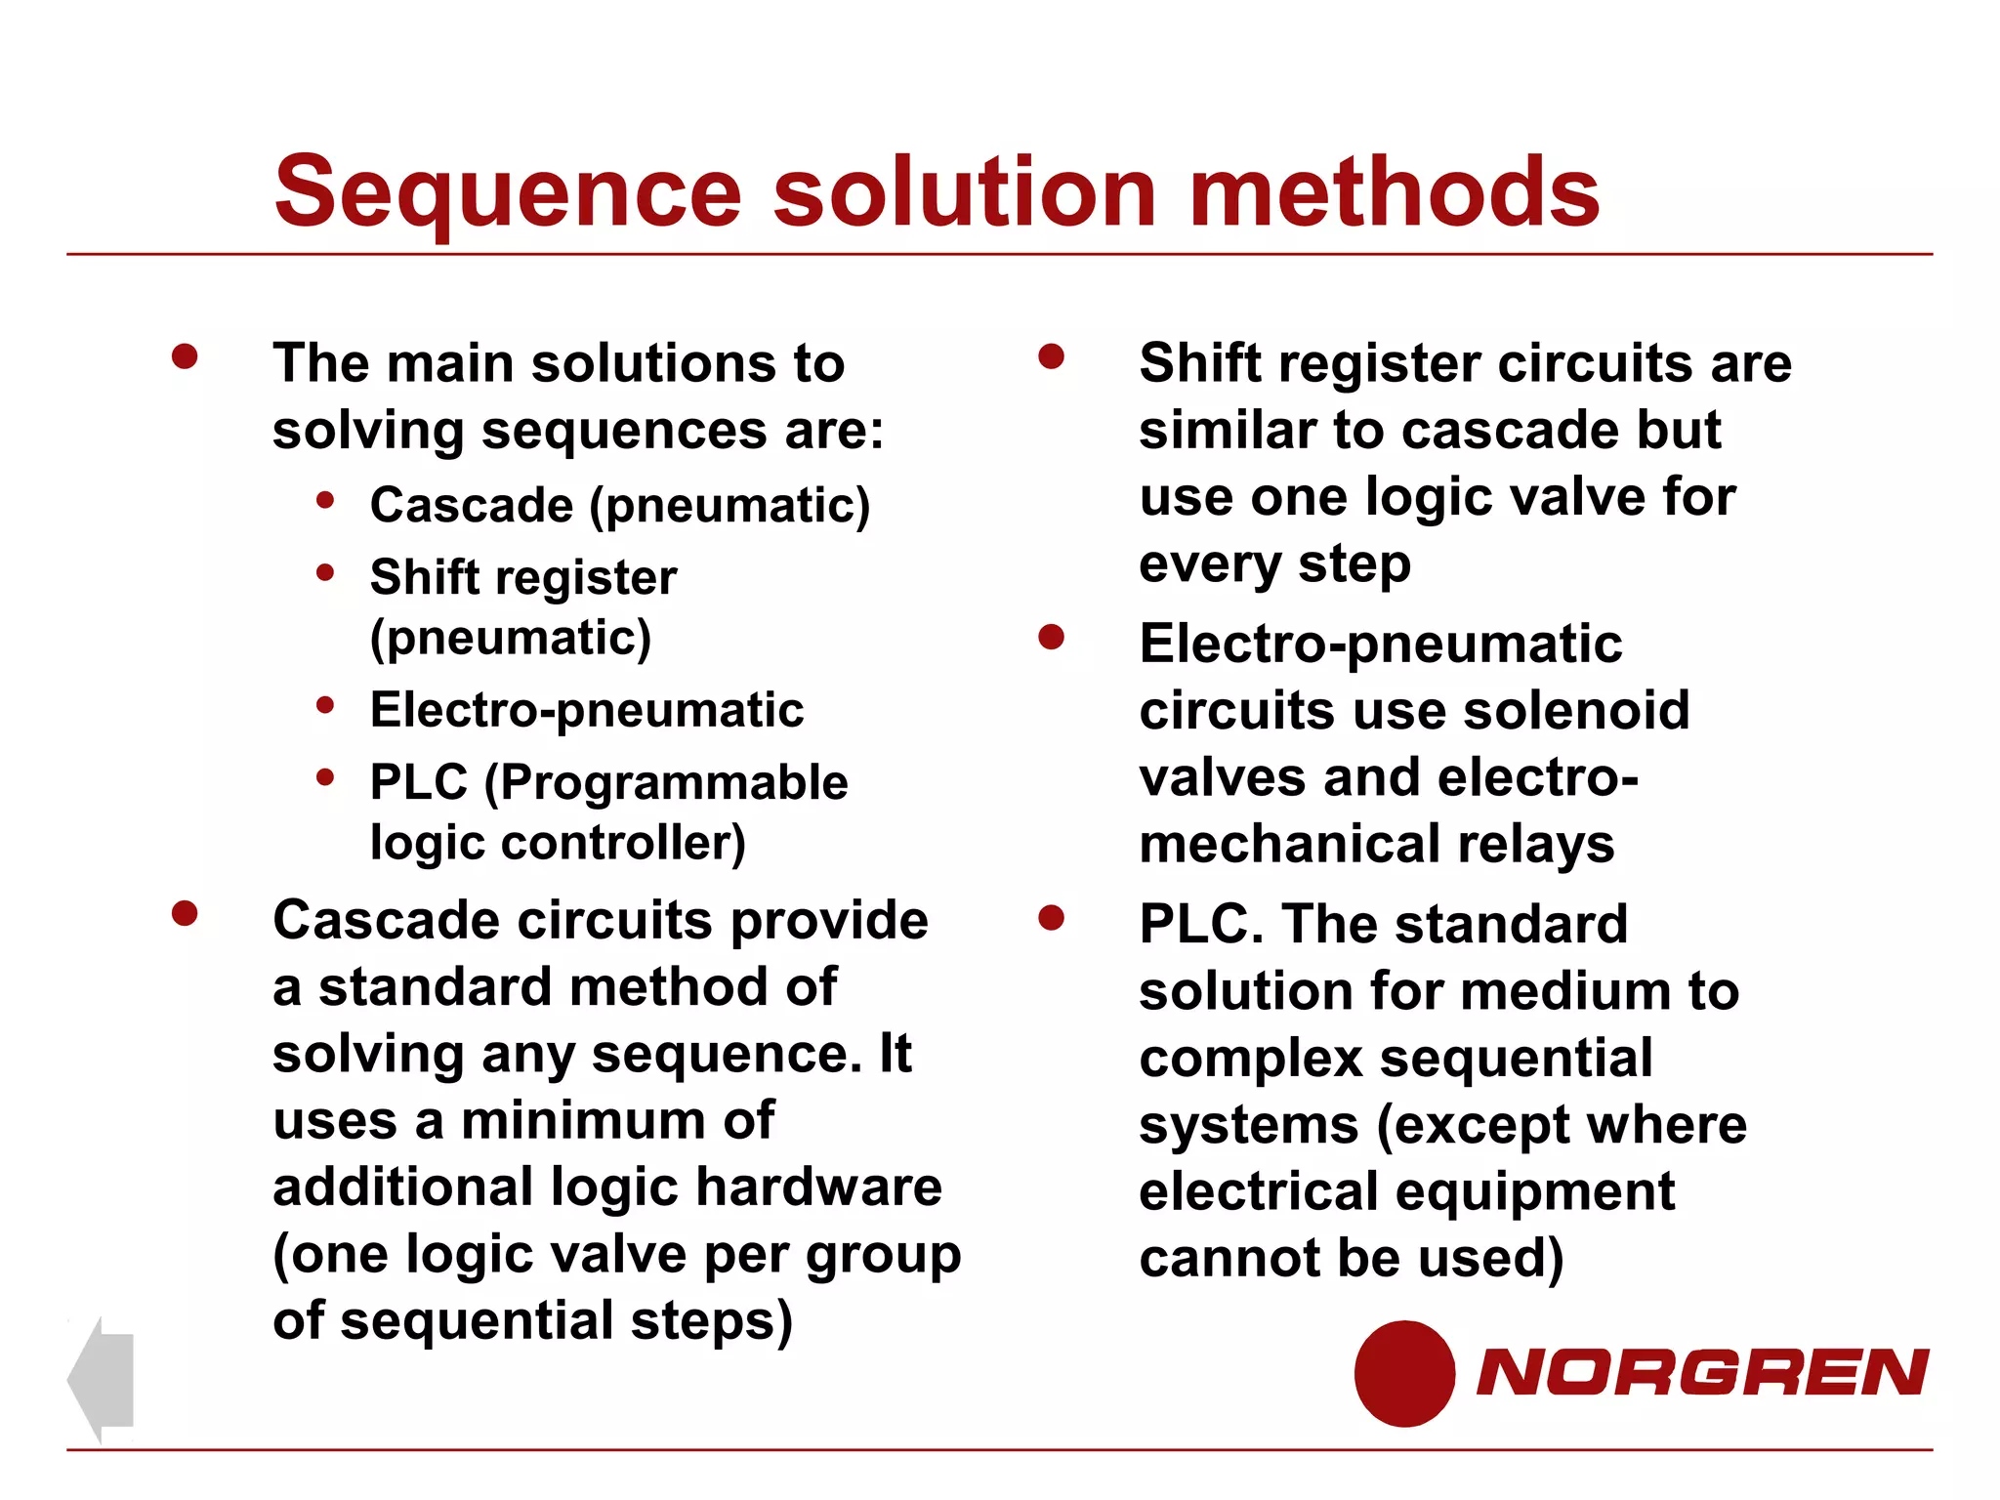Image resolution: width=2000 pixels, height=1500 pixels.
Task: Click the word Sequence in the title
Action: [x=508, y=192]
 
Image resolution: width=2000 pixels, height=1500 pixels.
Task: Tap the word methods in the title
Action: [x=1394, y=192]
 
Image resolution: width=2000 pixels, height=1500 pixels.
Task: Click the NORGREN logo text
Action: [x=1702, y=1372]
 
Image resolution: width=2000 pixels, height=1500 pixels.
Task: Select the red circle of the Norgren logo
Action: [x=1404, y=1373]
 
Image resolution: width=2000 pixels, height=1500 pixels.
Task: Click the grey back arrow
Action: [x=102, y=1379]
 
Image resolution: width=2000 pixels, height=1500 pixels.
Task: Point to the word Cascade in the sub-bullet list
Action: [x=472, y=506]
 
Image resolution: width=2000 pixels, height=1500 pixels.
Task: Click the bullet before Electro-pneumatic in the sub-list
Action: [x=325, y=704]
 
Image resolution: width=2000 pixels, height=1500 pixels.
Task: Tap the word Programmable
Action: [x=667, y=782]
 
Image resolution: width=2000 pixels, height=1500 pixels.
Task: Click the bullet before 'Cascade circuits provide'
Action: [x=185, y=914]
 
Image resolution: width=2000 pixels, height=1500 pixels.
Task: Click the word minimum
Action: [x=583, y=1121]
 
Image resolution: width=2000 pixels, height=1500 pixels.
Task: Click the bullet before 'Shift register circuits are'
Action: [x=1051, y=356]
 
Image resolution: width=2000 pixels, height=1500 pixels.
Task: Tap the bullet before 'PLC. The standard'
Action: [x=1051, y=918]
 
